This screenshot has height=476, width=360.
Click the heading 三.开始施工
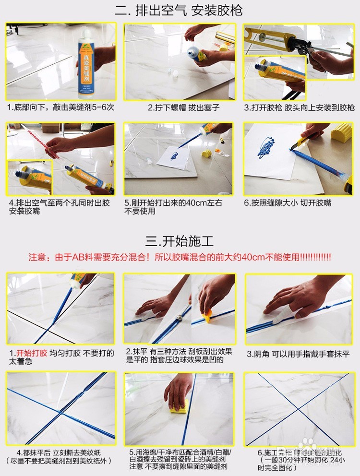180,240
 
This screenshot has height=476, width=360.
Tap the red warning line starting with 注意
180,257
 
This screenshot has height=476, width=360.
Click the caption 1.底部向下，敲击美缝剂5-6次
60,107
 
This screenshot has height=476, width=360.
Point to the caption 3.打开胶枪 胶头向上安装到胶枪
299,107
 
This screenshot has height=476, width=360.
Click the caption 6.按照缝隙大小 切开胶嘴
288,203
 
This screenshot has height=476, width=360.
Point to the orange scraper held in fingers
208,315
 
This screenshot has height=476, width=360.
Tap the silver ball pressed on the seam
180,317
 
